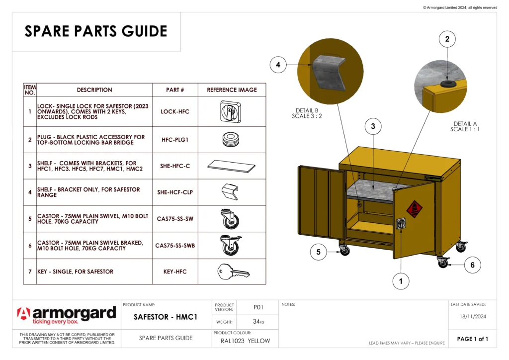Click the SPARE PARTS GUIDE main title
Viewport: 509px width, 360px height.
click(x=96, y=31)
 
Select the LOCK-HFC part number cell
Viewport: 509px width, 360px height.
click(x=175, y=112)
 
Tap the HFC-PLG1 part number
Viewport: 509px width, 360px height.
click(x=175, y=140)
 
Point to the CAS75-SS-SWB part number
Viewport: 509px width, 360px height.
click(x=175, y=246)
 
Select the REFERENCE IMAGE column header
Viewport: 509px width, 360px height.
click(x=232, y=90)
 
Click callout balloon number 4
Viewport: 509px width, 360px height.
click(x=278, y=65)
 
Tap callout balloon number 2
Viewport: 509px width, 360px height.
click(x=447, y=39)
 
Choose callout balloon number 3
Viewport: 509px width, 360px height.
click(x=373, y=127)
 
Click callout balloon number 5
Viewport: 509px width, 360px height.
click(x=318, y=252)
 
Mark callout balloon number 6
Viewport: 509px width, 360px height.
click(x=472, y=266)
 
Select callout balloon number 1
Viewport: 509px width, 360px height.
click(x=401, y=281)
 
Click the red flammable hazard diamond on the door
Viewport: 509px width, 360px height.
click(x=414, y=209)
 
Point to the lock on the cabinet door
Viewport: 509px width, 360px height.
click(x=400, y=224)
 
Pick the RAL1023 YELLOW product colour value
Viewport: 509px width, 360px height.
click(x=245, y=341)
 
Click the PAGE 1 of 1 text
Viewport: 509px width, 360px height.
click(x=472, y=339)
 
